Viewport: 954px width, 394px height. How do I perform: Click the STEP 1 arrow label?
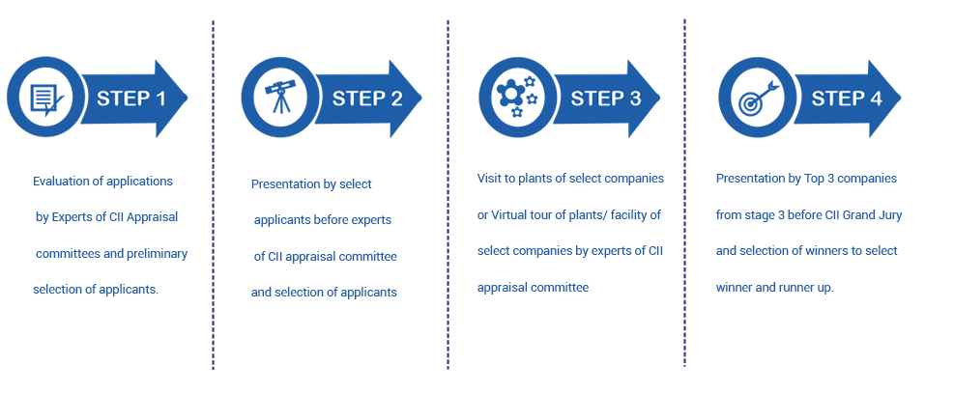(130, 98)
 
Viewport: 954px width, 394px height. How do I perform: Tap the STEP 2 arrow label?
(367, 98)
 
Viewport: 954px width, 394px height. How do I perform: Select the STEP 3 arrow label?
(606, 98)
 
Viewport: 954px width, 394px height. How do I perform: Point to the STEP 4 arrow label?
(847, 98)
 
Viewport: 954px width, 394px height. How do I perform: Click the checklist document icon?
(46, 98)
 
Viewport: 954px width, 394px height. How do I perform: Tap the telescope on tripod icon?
(280, 97)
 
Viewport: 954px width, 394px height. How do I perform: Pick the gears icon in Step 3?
(517, 96)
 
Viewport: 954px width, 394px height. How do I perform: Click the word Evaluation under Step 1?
(60, 182)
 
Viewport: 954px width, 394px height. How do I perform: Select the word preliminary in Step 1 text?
(157, 254)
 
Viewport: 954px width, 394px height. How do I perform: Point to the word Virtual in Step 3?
(508, 215)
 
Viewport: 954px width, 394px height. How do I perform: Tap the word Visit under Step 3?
(487, 179)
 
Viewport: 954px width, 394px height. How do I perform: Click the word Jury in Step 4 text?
(891, 215)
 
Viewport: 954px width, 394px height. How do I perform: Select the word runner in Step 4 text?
(795, 288)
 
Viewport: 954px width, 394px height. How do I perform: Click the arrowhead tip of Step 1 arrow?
(188, 98)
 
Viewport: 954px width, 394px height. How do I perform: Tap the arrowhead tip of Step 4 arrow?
(901, 98)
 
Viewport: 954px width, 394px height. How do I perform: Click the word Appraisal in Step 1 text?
(154, 217)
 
